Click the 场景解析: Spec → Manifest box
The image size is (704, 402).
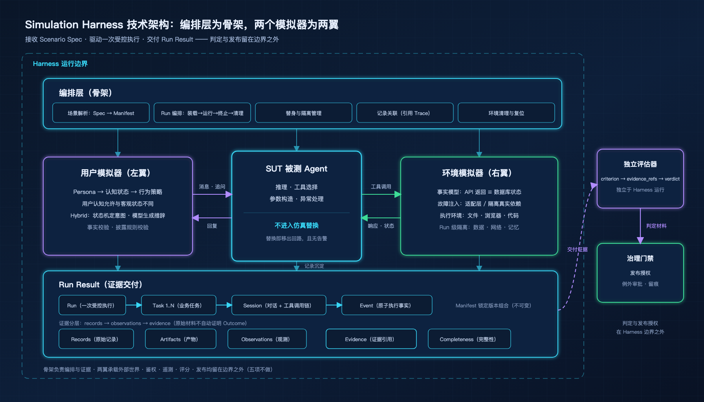101,113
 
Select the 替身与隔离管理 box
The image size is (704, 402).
304,113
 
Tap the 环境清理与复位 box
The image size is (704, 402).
506,113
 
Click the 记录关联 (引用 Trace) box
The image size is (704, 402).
405,113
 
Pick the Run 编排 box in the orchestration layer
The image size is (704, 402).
202,113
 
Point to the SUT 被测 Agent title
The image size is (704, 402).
297,169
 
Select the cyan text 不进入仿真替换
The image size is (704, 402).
297,225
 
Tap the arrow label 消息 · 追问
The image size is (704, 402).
212,187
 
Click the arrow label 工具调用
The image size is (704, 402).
381,187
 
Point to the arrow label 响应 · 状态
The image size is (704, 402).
381,226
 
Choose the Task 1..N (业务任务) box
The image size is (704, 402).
179,305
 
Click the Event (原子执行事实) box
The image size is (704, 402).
387,305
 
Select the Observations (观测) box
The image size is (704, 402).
267,339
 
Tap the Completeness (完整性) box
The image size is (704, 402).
469,339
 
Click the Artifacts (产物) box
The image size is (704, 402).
181,339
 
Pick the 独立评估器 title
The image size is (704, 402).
640,164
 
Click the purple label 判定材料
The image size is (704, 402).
656,226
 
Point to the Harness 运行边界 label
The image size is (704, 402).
60,64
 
